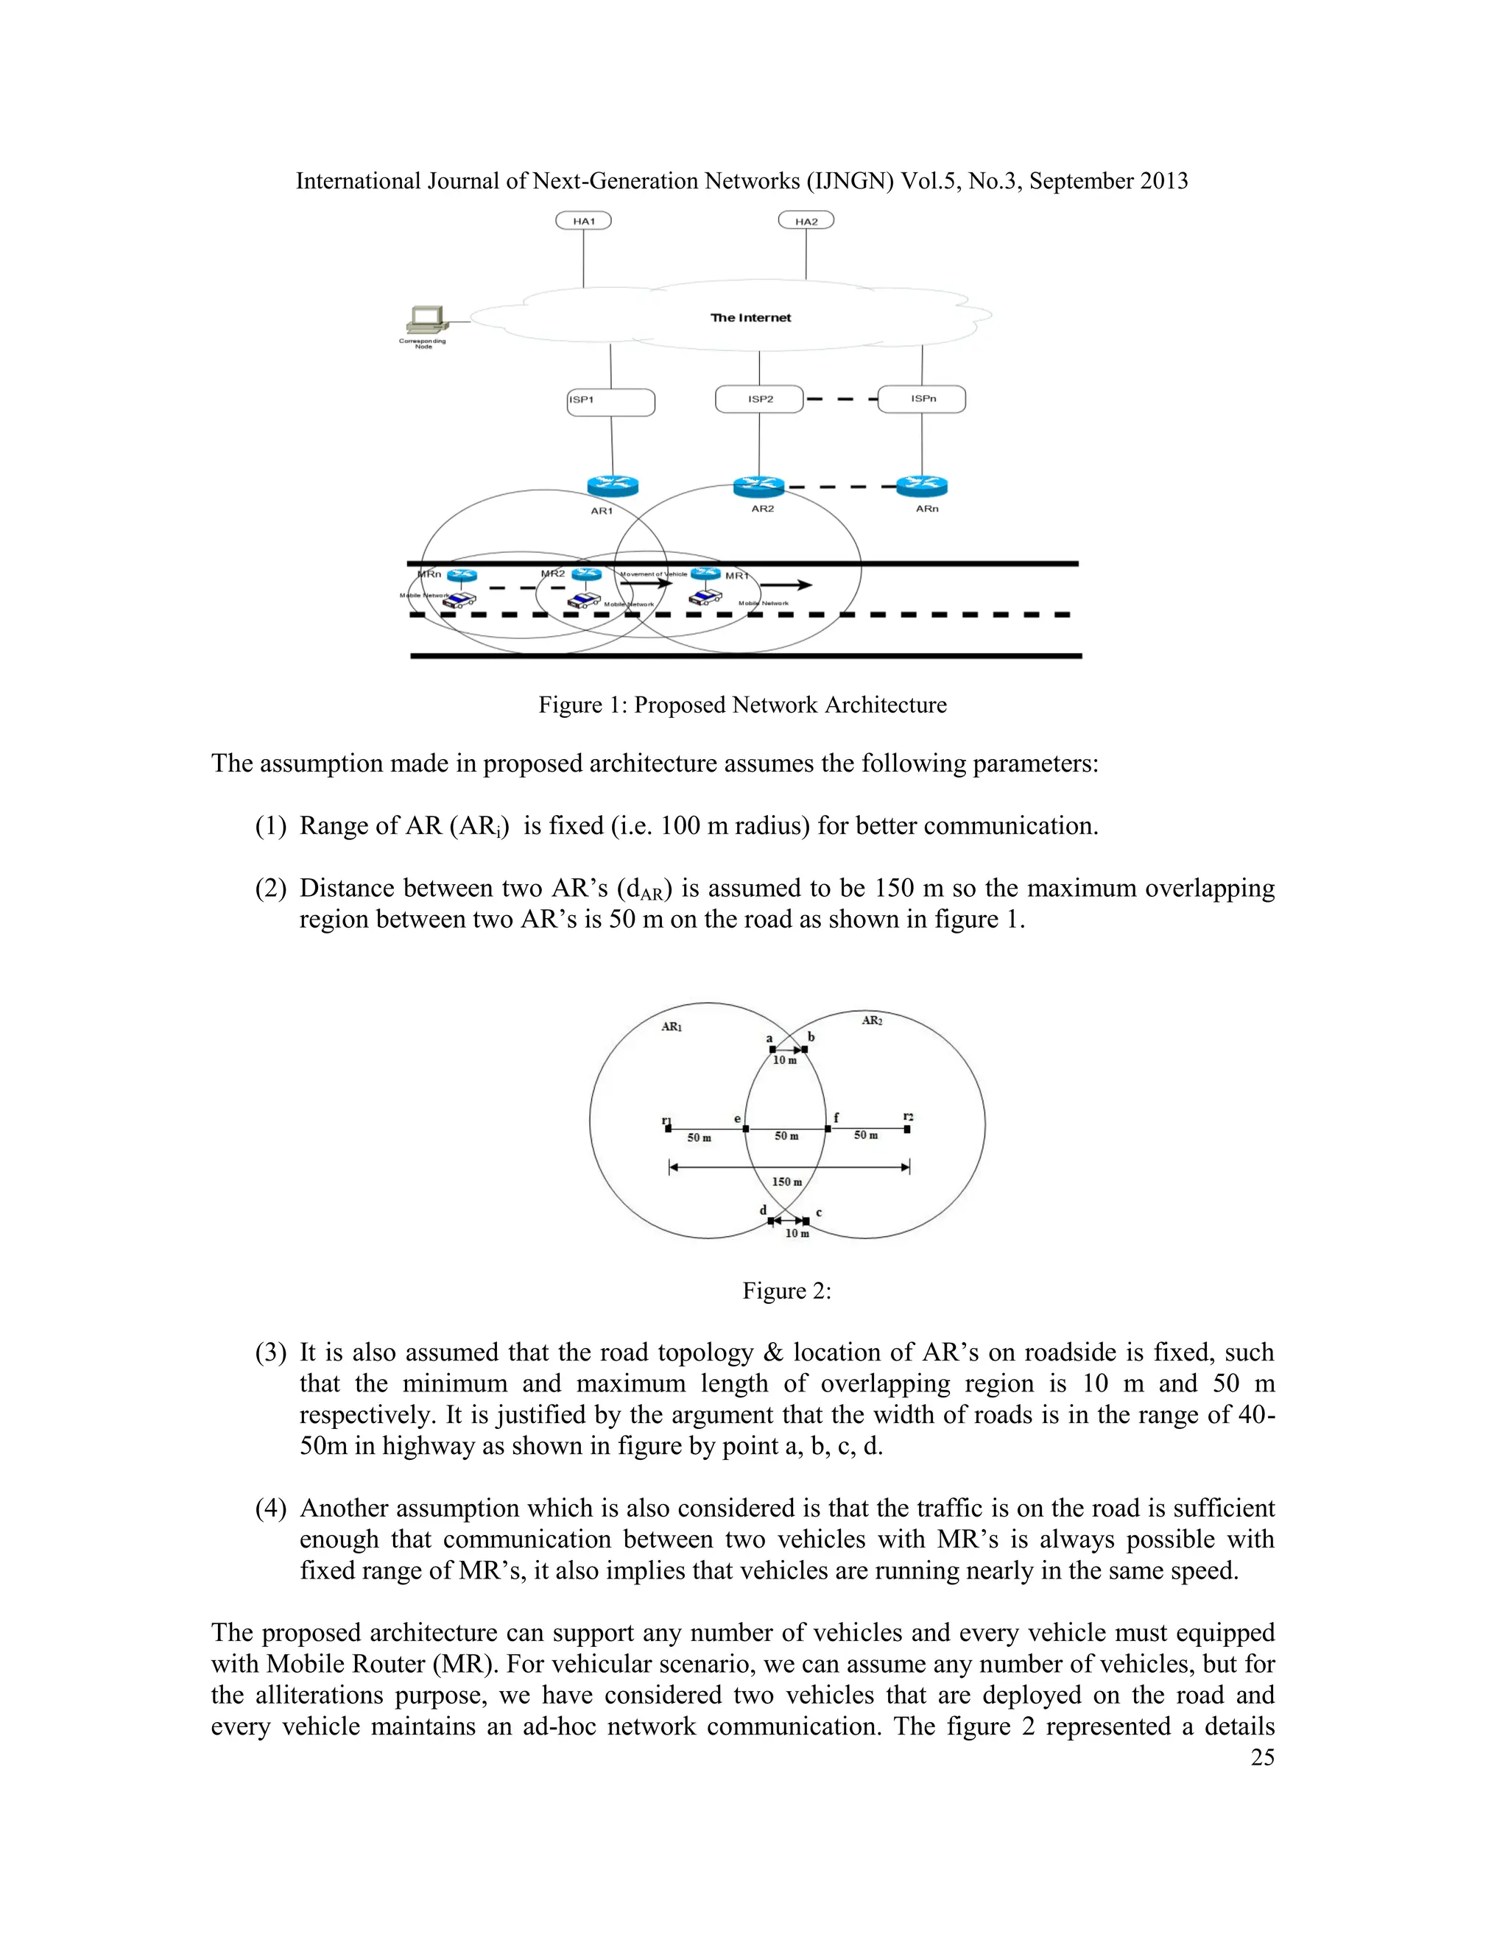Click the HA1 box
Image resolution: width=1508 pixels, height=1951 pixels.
click(583, 221)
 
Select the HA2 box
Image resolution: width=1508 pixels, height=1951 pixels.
click(806, 221)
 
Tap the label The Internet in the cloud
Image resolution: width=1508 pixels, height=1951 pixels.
click(750, 317)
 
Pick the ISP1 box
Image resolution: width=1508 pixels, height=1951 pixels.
click(611, 402)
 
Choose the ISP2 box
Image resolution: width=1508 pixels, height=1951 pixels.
click(759, 399)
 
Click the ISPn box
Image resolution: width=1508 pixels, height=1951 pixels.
click(922, 398)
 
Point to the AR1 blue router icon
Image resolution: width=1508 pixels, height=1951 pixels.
click(613, 486)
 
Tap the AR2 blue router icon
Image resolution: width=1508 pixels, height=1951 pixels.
click(758, 486)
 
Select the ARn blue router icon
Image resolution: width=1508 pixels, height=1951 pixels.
click(922, 486)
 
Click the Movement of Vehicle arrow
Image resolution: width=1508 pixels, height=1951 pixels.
click(646, 583)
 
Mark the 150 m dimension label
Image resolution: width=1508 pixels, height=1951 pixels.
click(787, 1182)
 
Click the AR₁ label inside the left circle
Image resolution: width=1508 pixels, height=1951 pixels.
click(672, 1027)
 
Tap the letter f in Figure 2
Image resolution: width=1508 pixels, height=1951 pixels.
click(836, 1118)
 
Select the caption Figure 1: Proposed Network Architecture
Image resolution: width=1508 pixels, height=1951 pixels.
click(742, 705)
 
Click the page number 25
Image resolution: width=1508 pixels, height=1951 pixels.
click(1262, 1757)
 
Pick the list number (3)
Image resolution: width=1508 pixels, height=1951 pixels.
click(271, 1352)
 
